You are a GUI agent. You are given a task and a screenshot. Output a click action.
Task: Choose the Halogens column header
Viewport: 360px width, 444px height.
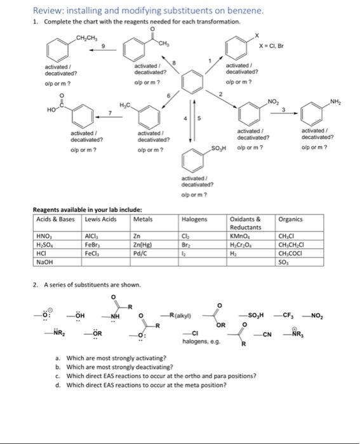pos(194,219)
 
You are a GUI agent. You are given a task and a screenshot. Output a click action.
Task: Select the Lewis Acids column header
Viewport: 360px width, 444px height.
pos(102,219)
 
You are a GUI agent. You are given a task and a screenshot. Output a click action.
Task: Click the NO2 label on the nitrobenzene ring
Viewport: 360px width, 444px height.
pos(273,101)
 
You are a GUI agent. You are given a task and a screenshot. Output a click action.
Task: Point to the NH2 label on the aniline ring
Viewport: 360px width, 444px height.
pos(336,101)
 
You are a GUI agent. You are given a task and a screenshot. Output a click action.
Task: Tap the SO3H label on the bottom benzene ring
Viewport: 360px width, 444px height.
pos(219,148)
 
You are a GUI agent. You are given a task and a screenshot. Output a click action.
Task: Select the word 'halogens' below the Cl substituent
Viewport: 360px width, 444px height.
pos(196,342)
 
